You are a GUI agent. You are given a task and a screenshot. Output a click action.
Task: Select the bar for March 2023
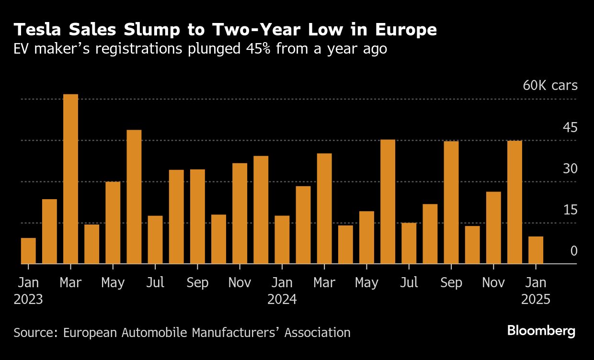pyautogui.click(x=70, y=179)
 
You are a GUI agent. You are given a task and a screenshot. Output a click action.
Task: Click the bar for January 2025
pyautogui.click(x=536, y=250)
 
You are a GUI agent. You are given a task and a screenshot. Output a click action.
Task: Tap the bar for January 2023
pyautogui.click(x=28, y=251)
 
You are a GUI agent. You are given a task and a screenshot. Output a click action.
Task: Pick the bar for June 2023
pyautogui.click(x=134, y=197)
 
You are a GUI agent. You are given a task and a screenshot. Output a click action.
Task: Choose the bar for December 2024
pyautogui.click(x=514, y=202)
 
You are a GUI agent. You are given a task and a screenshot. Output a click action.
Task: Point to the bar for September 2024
pyautogui.click(x=451, y=202)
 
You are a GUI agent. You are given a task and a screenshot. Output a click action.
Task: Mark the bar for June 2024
pyautogui.click(x=388, y=202)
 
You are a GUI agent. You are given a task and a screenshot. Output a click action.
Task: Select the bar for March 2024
pyautogui.click(x=324, y=209)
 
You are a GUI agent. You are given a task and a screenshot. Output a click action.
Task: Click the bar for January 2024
pyautogui.click(x=282, y=239)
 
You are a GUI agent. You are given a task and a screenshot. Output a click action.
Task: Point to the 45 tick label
pyautogui.click(x=570, y=127)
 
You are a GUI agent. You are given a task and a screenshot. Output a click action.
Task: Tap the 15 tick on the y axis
pyautogui.click(x=570, y=210)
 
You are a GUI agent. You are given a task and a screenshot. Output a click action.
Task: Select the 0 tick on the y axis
pyautogui.click(x=574, y=251)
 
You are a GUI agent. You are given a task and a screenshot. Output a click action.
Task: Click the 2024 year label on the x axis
pyautogui.click(x=282, y=300)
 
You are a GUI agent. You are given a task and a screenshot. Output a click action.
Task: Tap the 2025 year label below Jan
pyautogui.click(x=536, y=300)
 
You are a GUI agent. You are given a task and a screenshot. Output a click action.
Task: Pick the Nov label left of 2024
pyautogui.click(x=240, y=282)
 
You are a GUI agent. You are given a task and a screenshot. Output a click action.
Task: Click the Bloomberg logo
pyautogui.click(x=541, y=331)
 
